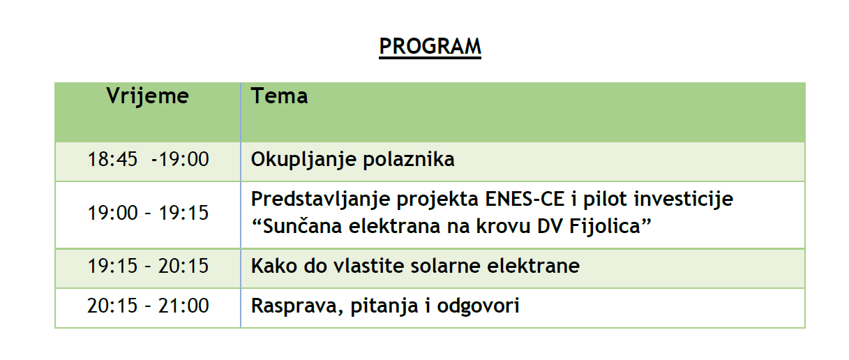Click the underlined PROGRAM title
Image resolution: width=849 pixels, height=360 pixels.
430,47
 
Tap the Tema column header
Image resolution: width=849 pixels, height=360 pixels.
279,96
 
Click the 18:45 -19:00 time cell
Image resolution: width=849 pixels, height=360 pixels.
148,159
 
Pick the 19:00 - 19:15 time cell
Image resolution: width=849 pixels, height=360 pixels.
148,213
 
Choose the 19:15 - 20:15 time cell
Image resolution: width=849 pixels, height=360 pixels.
148,266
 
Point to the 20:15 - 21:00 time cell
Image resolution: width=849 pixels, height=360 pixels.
148,306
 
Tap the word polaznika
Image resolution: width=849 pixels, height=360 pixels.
409,159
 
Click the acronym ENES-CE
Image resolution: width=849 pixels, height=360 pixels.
525,200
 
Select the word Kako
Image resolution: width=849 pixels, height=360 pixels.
273,266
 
